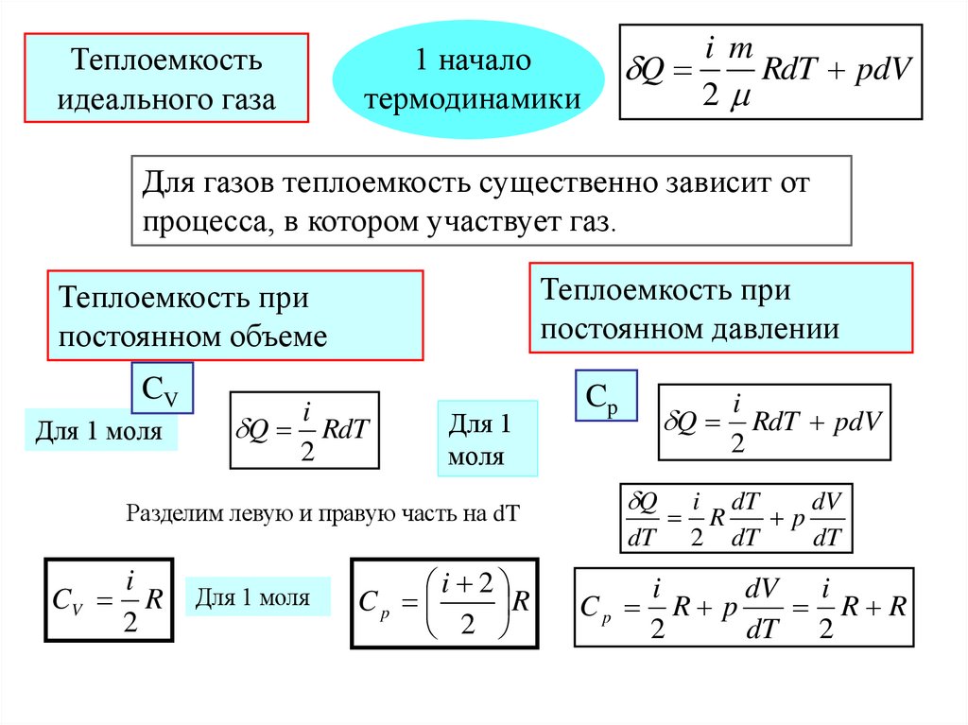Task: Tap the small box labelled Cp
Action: coord(605,396)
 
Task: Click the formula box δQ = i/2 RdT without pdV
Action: coord(303,430)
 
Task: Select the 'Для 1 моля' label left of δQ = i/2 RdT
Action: coord(100,431)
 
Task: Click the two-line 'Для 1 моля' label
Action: coord(487,438)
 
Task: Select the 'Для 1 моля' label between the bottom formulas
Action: coord(258,597)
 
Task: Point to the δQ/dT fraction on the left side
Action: coord(642,519)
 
